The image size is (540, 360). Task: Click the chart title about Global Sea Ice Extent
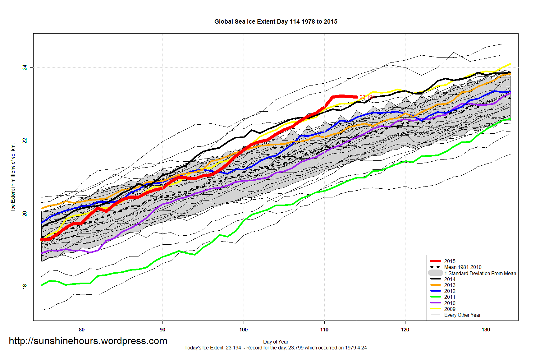(x=276, y=22)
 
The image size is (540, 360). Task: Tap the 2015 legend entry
(x=450, y=261)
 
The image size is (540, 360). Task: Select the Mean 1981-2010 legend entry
(x=463, y=267)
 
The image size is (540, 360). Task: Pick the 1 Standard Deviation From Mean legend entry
(x=482, y=273)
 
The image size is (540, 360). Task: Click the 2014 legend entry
(x=450, y=279)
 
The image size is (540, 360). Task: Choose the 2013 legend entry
(x=450, y=285)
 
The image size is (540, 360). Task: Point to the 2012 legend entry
(x=450, y=291)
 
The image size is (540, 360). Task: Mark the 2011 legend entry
(x=450, y=297)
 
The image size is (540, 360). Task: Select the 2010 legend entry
(x=450, y=303)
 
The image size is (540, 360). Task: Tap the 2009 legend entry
(x=450, y=309)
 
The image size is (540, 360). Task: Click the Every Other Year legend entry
(x=462, y=315)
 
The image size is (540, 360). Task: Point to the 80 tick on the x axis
(x=82, y=330)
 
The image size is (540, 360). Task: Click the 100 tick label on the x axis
(x=243, y=330)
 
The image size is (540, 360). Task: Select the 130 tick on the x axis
(x=486, y=330)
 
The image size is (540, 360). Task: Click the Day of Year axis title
(x=276, y=342)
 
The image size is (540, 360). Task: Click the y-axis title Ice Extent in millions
(x=13, y=177)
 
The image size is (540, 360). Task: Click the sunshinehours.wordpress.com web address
(x=88, y=341)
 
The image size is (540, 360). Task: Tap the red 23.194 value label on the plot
(x=367, y=97)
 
